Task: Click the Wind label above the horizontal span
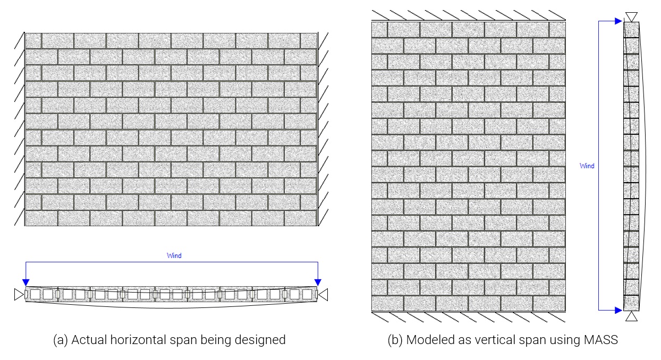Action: [174, 255]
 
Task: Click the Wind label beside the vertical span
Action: [587, 166]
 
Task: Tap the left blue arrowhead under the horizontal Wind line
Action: [26, 282]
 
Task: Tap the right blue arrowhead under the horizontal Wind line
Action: [318, 282]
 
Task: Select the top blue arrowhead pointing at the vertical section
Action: [618, 21]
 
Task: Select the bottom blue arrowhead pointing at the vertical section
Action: [618, 310]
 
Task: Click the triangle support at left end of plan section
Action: [19, 294]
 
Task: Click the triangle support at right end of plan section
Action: [324, 295]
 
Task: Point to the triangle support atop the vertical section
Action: [631, 16]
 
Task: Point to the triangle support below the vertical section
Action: [631, 316]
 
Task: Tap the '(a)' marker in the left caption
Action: [61, 340]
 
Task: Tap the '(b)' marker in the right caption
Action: [395, 340]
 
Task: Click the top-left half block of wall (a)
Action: [33, 41]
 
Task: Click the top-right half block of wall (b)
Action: [557, 30]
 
